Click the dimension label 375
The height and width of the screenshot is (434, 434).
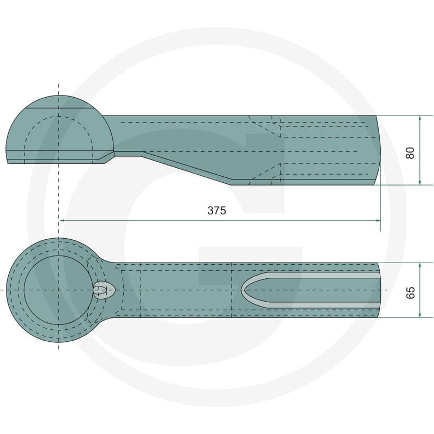tap(216, 210)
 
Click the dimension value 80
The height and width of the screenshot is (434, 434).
tap(410, 153)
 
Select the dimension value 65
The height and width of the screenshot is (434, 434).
tap(410, 292)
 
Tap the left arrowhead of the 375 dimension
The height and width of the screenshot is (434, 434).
tap(62, 220)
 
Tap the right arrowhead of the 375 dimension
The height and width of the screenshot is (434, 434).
tap(378, 220)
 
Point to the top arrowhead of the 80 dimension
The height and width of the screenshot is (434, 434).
tap(420, 118)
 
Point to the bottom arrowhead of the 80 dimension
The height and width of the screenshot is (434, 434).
tap(420, 182)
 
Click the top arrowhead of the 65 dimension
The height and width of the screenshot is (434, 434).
tap(420, 266)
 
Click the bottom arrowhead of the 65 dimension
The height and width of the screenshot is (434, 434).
tap(420, 315)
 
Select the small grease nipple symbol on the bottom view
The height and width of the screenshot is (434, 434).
tap(103, 290)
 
